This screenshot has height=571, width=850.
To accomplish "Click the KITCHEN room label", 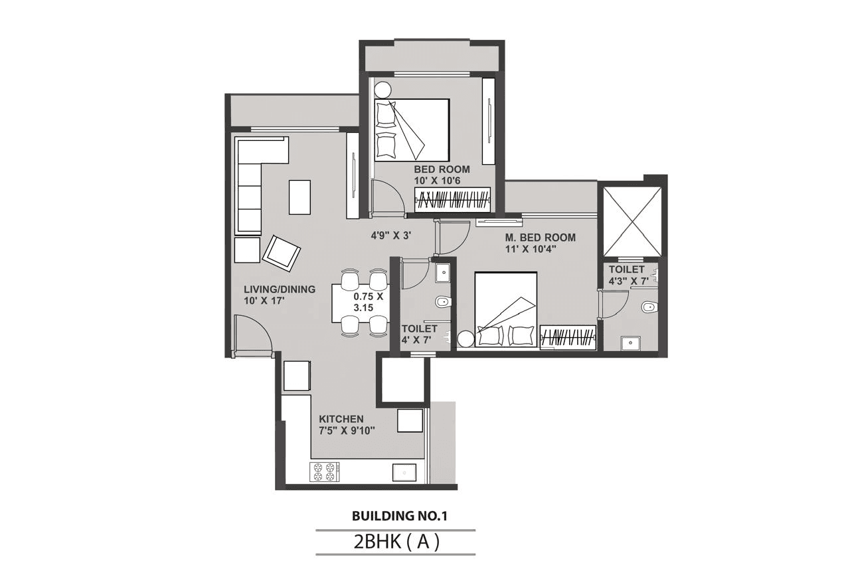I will pos(341,419).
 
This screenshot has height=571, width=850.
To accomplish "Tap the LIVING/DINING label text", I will pos(279,289).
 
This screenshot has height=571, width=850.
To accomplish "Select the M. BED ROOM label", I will pos(540,237).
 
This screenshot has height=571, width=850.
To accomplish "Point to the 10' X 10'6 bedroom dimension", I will pos(441,181).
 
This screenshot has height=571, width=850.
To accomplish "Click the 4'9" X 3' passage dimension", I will pos(391,235).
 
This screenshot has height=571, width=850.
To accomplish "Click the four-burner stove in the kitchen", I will pos(325,471).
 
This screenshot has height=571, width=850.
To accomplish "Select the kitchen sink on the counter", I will pos(404,472).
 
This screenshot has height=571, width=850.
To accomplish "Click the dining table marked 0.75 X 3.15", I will pos(361,302).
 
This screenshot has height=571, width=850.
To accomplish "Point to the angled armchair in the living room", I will pos(282,253).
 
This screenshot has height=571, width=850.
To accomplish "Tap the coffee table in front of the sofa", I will pos(299,197).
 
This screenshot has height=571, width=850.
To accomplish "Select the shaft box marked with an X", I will pos(632,221).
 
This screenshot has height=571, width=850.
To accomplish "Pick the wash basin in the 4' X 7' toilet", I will pos(442,273).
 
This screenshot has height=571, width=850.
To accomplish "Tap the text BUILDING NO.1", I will pos(395,515).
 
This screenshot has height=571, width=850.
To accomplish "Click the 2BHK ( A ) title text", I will pos(396,542).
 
